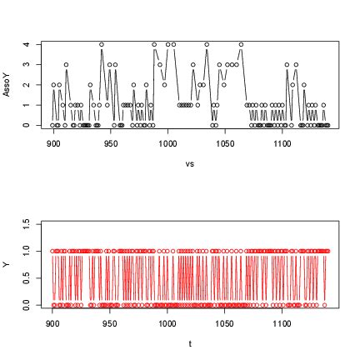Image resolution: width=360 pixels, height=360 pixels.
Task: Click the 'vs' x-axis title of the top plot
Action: coord(190,163)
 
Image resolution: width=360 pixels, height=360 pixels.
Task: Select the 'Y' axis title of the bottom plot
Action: coord(7,265)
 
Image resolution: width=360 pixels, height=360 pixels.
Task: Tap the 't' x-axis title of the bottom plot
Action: coord(190,343)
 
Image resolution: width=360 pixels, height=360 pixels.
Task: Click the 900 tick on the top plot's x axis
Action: coord(53,143)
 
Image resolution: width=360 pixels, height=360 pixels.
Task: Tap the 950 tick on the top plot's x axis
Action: coord(111,143)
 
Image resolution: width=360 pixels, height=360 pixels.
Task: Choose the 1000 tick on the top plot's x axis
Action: coord(167,143)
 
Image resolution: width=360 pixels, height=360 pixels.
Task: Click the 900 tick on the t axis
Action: coord(53,323)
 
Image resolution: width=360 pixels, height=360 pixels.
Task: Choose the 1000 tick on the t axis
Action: coord(167,323)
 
